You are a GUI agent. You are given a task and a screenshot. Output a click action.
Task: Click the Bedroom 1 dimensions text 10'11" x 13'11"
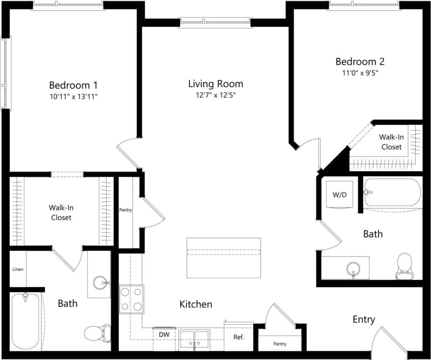tap(73, 97)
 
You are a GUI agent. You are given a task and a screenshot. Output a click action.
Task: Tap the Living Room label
tap(215, 83)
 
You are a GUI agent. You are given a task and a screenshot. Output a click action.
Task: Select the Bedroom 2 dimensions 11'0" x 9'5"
tap(360, 73)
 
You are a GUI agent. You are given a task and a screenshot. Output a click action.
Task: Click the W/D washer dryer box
tap(339, 195)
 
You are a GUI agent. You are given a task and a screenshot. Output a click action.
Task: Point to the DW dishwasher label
tap(164, 335)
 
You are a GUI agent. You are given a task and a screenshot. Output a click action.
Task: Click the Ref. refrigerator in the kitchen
tap(238, 337)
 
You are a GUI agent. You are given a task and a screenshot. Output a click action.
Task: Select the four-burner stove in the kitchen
tap(131, 299)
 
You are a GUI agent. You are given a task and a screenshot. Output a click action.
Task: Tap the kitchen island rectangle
tap(224, 258)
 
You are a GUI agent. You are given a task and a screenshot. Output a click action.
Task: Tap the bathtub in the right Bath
tap(392, 192)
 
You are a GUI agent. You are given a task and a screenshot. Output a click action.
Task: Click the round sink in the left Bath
tap(100, 283)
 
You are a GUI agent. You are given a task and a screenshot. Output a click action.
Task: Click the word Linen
tap(18, 269)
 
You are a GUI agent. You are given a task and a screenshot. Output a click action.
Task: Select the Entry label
tap(364, 319)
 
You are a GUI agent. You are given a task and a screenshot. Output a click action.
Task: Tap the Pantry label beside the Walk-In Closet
tap(126, 210)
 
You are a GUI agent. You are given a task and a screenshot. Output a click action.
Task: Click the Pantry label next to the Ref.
tap(279, 344)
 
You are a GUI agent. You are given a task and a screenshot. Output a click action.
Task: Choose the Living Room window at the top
tap(215, 22)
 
